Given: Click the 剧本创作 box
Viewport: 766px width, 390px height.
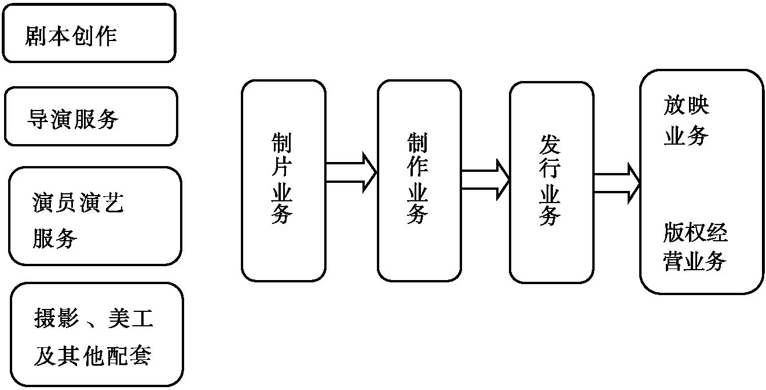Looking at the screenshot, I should [89, 33].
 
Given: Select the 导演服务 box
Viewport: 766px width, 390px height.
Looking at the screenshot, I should [91, 116].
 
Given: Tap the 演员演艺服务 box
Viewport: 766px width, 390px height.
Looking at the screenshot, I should [95, 216].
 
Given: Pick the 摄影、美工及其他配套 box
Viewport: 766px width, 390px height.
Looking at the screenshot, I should [97, 334].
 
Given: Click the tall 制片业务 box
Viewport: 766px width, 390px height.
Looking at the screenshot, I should [283, 181].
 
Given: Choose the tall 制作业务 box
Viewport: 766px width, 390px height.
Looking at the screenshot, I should [419, 181].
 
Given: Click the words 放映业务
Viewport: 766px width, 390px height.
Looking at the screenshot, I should [686, 120].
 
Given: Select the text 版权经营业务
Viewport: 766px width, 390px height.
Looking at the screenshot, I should [695, 247].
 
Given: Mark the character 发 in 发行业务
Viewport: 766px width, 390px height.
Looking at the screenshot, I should [551, 145].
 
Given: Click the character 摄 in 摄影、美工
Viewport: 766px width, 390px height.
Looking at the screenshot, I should [44, 318].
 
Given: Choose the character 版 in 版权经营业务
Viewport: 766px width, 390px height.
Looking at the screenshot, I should [673, 233].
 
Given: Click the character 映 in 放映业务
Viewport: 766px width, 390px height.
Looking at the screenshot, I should [699, 105].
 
